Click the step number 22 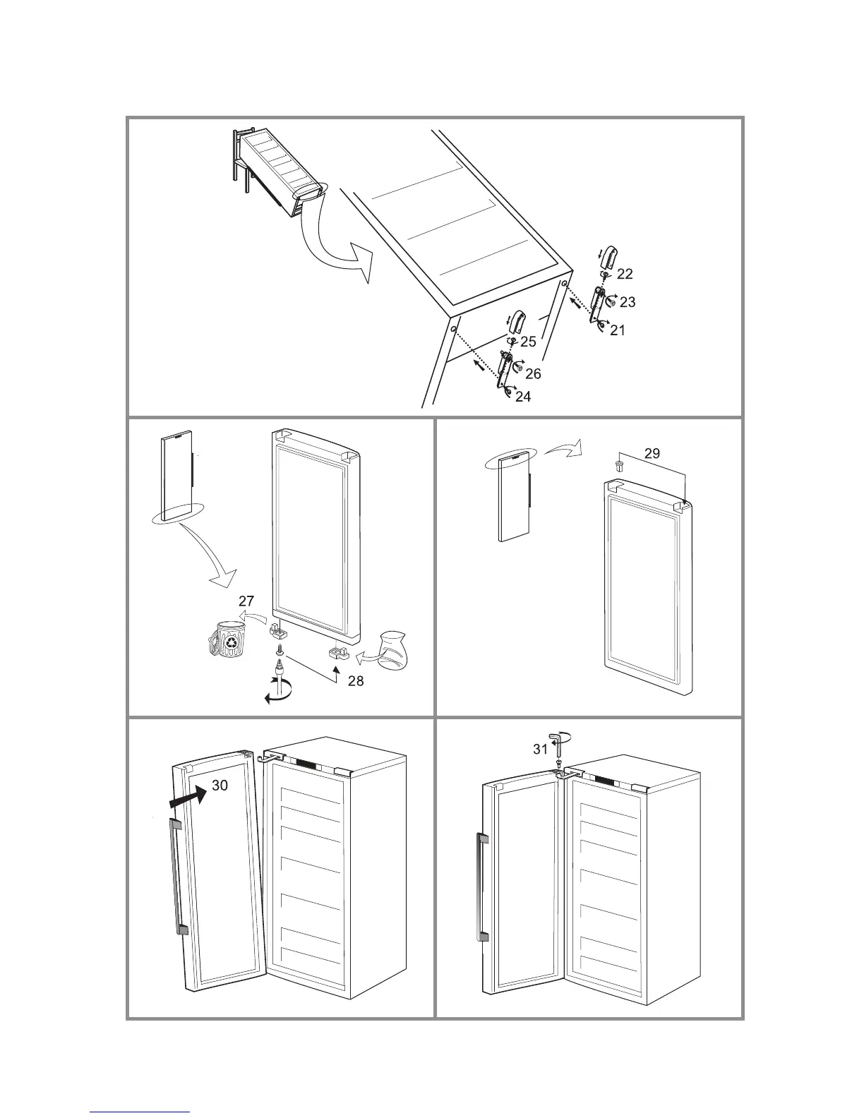625,274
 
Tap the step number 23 627,302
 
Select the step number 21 618,330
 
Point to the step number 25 528,342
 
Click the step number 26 533,373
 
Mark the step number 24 523,397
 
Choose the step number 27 246,601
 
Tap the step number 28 356,681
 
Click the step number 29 652,453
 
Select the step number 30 220,785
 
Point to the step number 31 540,750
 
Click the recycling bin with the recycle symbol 228,641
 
